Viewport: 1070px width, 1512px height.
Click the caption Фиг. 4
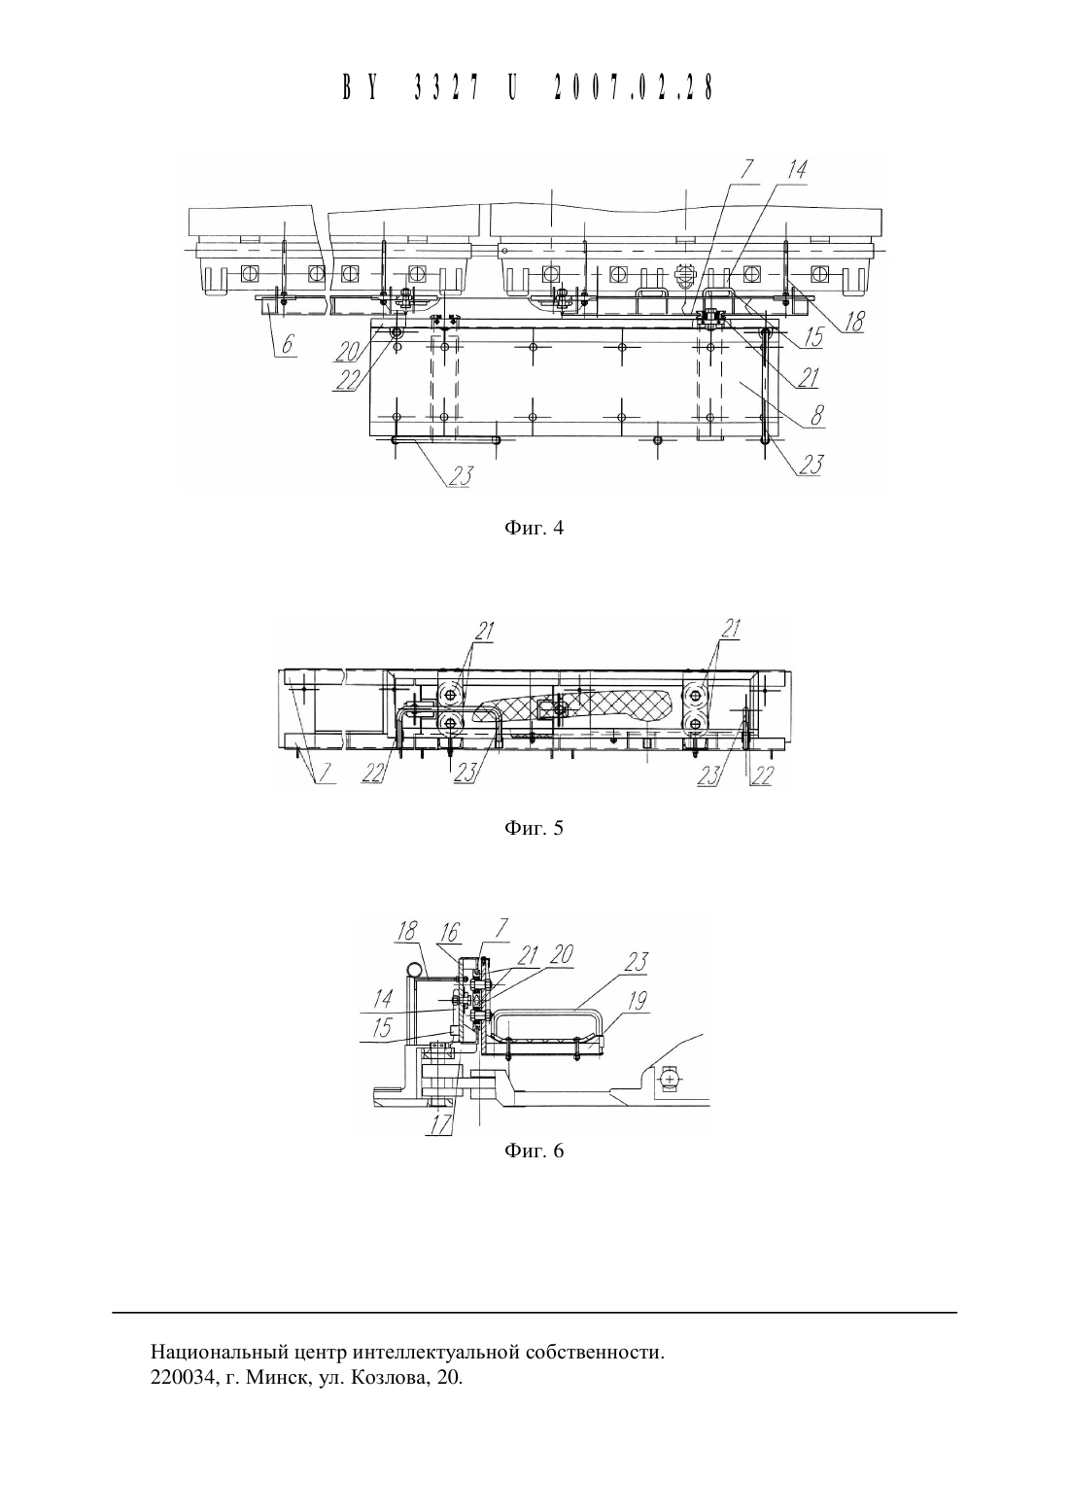click(x=534, y=528)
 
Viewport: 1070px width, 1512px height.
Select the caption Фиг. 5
click(x=534, y=828)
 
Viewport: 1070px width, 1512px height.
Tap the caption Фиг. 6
click(x=534, y=1151)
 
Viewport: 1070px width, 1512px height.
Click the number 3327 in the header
click(x=446, y=87)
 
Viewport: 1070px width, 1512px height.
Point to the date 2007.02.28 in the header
click(x=634, y=87)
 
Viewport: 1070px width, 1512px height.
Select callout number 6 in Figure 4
click(x=288, y=344)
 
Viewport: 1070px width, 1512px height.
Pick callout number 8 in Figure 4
click(x=817, y=415)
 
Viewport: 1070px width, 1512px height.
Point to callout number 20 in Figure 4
click(x=349, y=350)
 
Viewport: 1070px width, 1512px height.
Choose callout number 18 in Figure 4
click(x=853, y=322)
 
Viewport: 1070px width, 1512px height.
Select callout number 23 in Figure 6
click(x=637, y=962)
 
